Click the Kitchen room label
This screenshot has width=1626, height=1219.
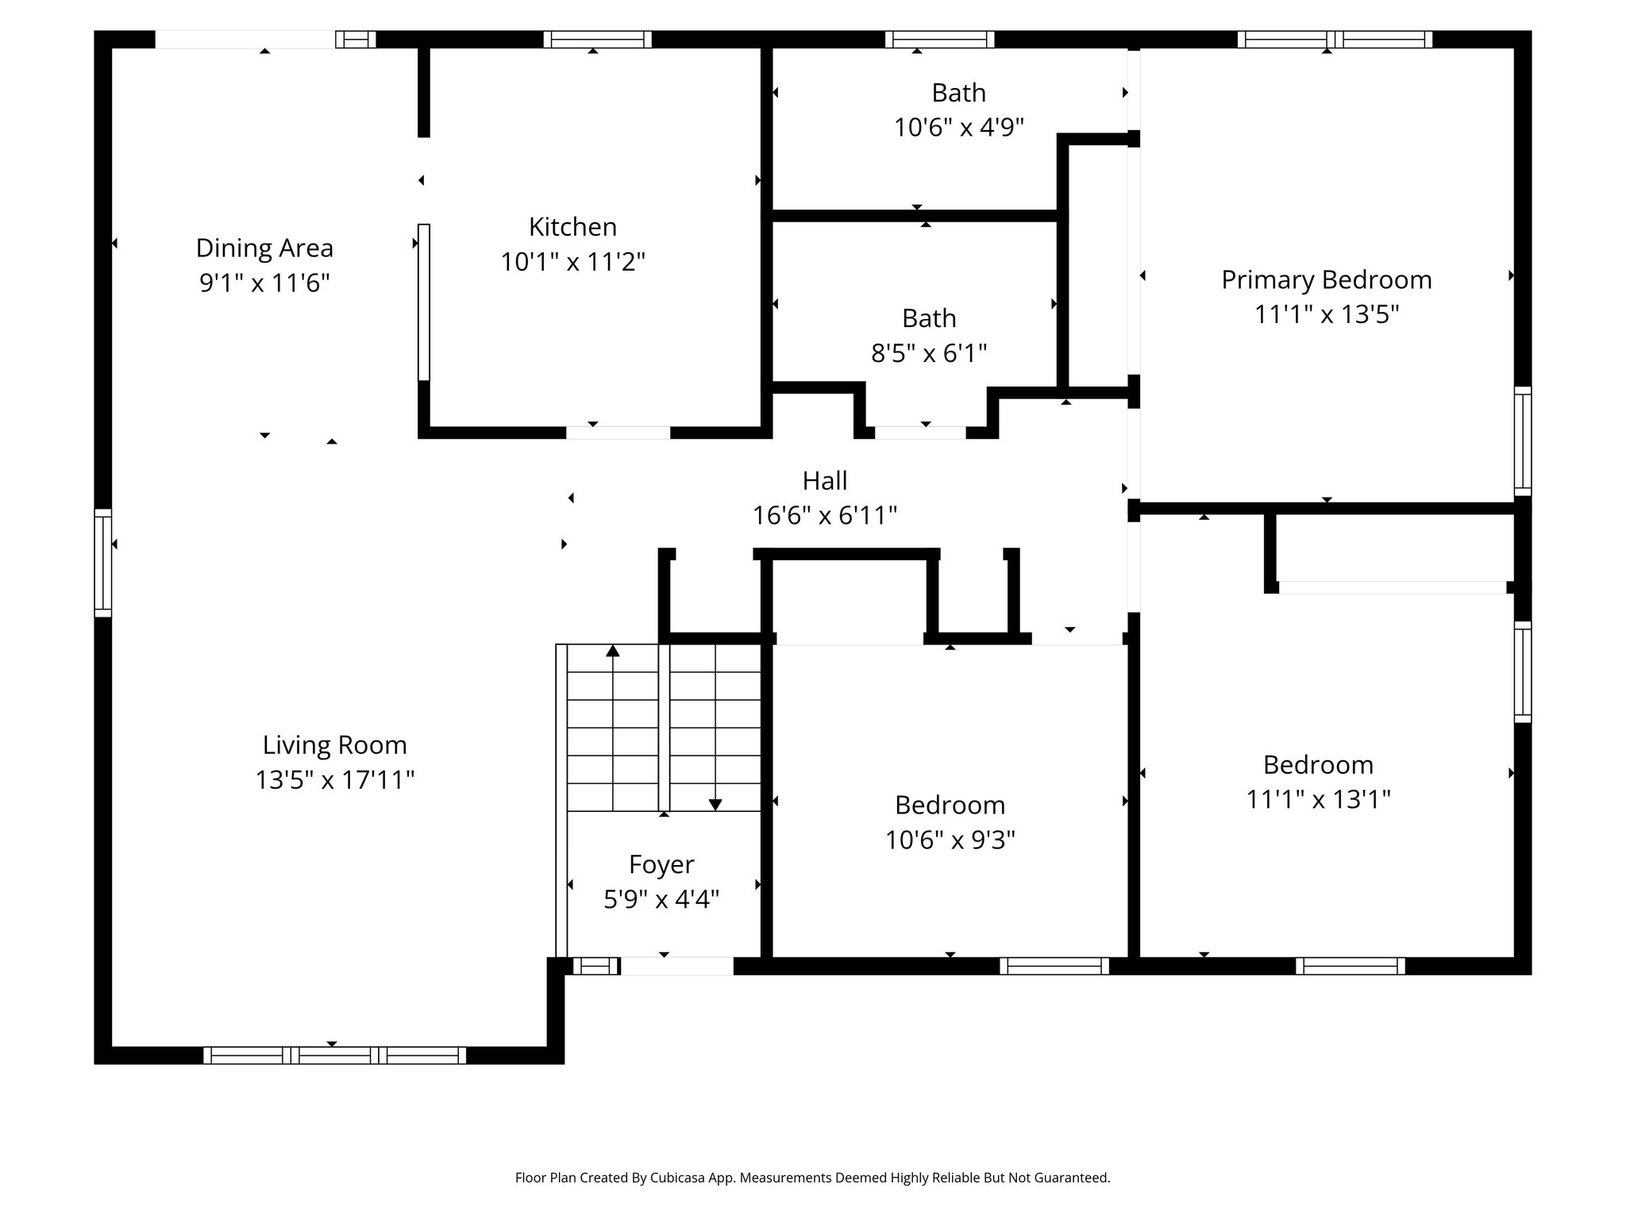tap(572, 227)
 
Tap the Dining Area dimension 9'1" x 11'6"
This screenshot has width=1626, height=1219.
tap(264, 283)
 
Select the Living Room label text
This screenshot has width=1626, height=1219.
tap(334, 744)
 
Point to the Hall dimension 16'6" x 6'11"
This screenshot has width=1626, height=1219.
tap(824, 516)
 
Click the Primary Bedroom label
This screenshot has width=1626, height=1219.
tap(1326, 279)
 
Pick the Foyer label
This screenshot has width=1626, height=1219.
tap(661, 864)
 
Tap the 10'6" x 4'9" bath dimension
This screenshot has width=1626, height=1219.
tap(958, 127)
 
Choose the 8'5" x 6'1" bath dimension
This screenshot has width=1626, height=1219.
tap(928, 353)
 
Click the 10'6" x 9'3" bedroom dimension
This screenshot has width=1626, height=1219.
tap(950, 840)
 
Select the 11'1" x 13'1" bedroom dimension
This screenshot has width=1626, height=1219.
tap(1318, 799)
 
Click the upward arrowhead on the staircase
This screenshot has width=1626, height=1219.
tap(612, 652)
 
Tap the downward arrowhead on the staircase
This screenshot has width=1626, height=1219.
tap(715, 804)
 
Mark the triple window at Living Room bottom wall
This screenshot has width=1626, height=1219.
tap(334, 1056)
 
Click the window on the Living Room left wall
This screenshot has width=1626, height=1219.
tap(103, 563)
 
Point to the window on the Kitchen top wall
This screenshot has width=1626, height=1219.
tap(597, 40)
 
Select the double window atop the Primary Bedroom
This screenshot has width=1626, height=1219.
tap(1334, 40)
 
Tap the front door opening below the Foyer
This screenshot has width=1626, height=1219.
tap(676, 966)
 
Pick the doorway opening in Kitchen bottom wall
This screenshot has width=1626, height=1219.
tap(618, 433)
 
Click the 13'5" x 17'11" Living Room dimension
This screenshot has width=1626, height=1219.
tap(334, 780)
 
